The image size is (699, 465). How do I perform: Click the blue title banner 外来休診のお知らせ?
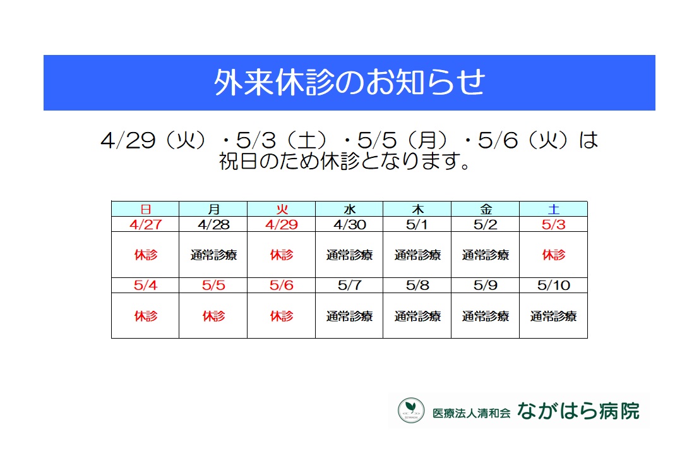[x=349, y=83]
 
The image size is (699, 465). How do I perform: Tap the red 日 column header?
[x=145, y=209]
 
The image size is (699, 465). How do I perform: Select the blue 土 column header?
[x=553, y=209]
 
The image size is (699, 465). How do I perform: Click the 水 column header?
[x=350, y=209]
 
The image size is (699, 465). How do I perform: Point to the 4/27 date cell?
[x=145, y=224]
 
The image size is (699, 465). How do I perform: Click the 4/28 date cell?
[x=213, y=224]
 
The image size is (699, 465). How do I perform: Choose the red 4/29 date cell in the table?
[x=281, y=224]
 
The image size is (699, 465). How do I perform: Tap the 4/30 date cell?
[x=350, y=224]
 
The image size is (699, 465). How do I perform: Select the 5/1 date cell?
[x=417, y=224]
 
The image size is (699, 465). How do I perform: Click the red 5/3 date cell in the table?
[x=553, y=224]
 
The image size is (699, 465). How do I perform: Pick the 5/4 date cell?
[x=145, y=285]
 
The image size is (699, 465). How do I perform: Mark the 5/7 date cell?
[x=350, y=285]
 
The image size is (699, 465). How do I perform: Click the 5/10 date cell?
[x=553, y=285]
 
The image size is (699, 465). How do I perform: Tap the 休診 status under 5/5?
[x=213, y=316]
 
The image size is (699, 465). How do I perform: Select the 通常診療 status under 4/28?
[x=213, y=255]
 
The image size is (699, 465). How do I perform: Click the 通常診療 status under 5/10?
[x=553, y=316]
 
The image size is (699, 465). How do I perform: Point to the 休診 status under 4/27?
[x=145, y=255]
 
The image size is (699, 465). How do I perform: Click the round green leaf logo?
[x=411, y=410]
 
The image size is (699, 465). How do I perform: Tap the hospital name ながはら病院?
[x=578, y=411]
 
